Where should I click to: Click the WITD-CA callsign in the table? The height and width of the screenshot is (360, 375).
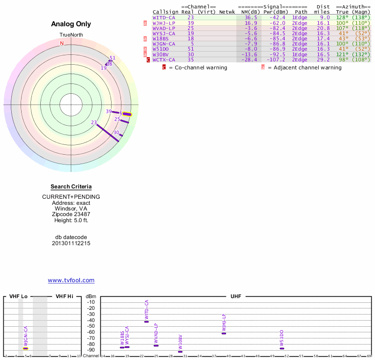pyautogui.click(x=164, y=17)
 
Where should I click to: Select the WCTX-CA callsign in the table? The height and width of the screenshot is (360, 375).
pyautogui.click(x=164, y=60)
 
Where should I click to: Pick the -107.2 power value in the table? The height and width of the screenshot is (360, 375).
pyautogui.click(x=276, y=60)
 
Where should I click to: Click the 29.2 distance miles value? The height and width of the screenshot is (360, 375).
pyautogui.click(x=323, y=60)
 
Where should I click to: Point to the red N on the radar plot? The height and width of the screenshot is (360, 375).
pyautogui.click(x=62, y=44)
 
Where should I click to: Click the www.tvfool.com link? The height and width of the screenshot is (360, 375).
pyautogui.click(x=71, y=280)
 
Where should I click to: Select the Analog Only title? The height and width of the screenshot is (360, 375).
pyautogui.click(x=71, y=24)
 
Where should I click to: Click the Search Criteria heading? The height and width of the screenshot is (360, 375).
pyautogui.click(x=71, y=187)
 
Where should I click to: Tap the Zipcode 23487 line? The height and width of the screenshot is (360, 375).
pyautogui.click(x=71, y=214)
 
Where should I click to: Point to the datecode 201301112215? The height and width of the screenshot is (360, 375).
pyautogui.click(x=71, y=243)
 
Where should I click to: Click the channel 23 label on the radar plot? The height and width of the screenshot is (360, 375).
pyautogui.click(x=94, y=122)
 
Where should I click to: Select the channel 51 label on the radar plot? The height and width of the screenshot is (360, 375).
pyautogui.click(x=112, y=58)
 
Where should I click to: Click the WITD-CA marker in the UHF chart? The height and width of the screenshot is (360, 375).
pyautogui.click(x=147, y=322)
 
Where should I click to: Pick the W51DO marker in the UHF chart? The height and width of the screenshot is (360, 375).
pyautogui.click(x=282, y=348)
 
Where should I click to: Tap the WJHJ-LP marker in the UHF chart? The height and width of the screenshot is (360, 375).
pyautogui.click(x=224, y=333)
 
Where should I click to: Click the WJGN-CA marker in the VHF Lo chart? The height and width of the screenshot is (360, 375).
pyautogui.click(x=26, y=348)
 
